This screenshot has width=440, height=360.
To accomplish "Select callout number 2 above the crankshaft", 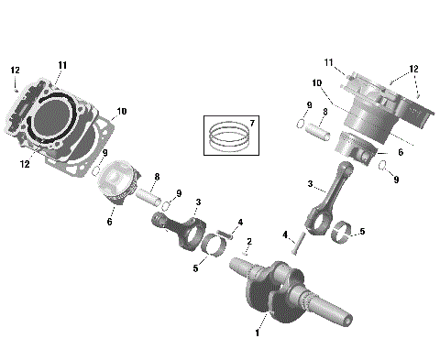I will pyautogui.click(x=247, y=241).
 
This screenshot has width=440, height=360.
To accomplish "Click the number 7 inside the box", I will pyautogui.click(x=253, y=123).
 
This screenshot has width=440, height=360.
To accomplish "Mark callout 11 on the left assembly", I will pyautogui.click(x=62, y=64).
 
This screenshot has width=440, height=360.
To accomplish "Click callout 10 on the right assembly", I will pyautogui.click(x=316, y=83).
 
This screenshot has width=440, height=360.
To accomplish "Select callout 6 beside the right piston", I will pyautogui.click(x=401, y=153).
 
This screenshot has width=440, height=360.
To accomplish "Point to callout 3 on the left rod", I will pyautogui.click(x=198, y=202).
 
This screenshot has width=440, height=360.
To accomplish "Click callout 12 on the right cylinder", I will pyautogui.click(x=414, y=70).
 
